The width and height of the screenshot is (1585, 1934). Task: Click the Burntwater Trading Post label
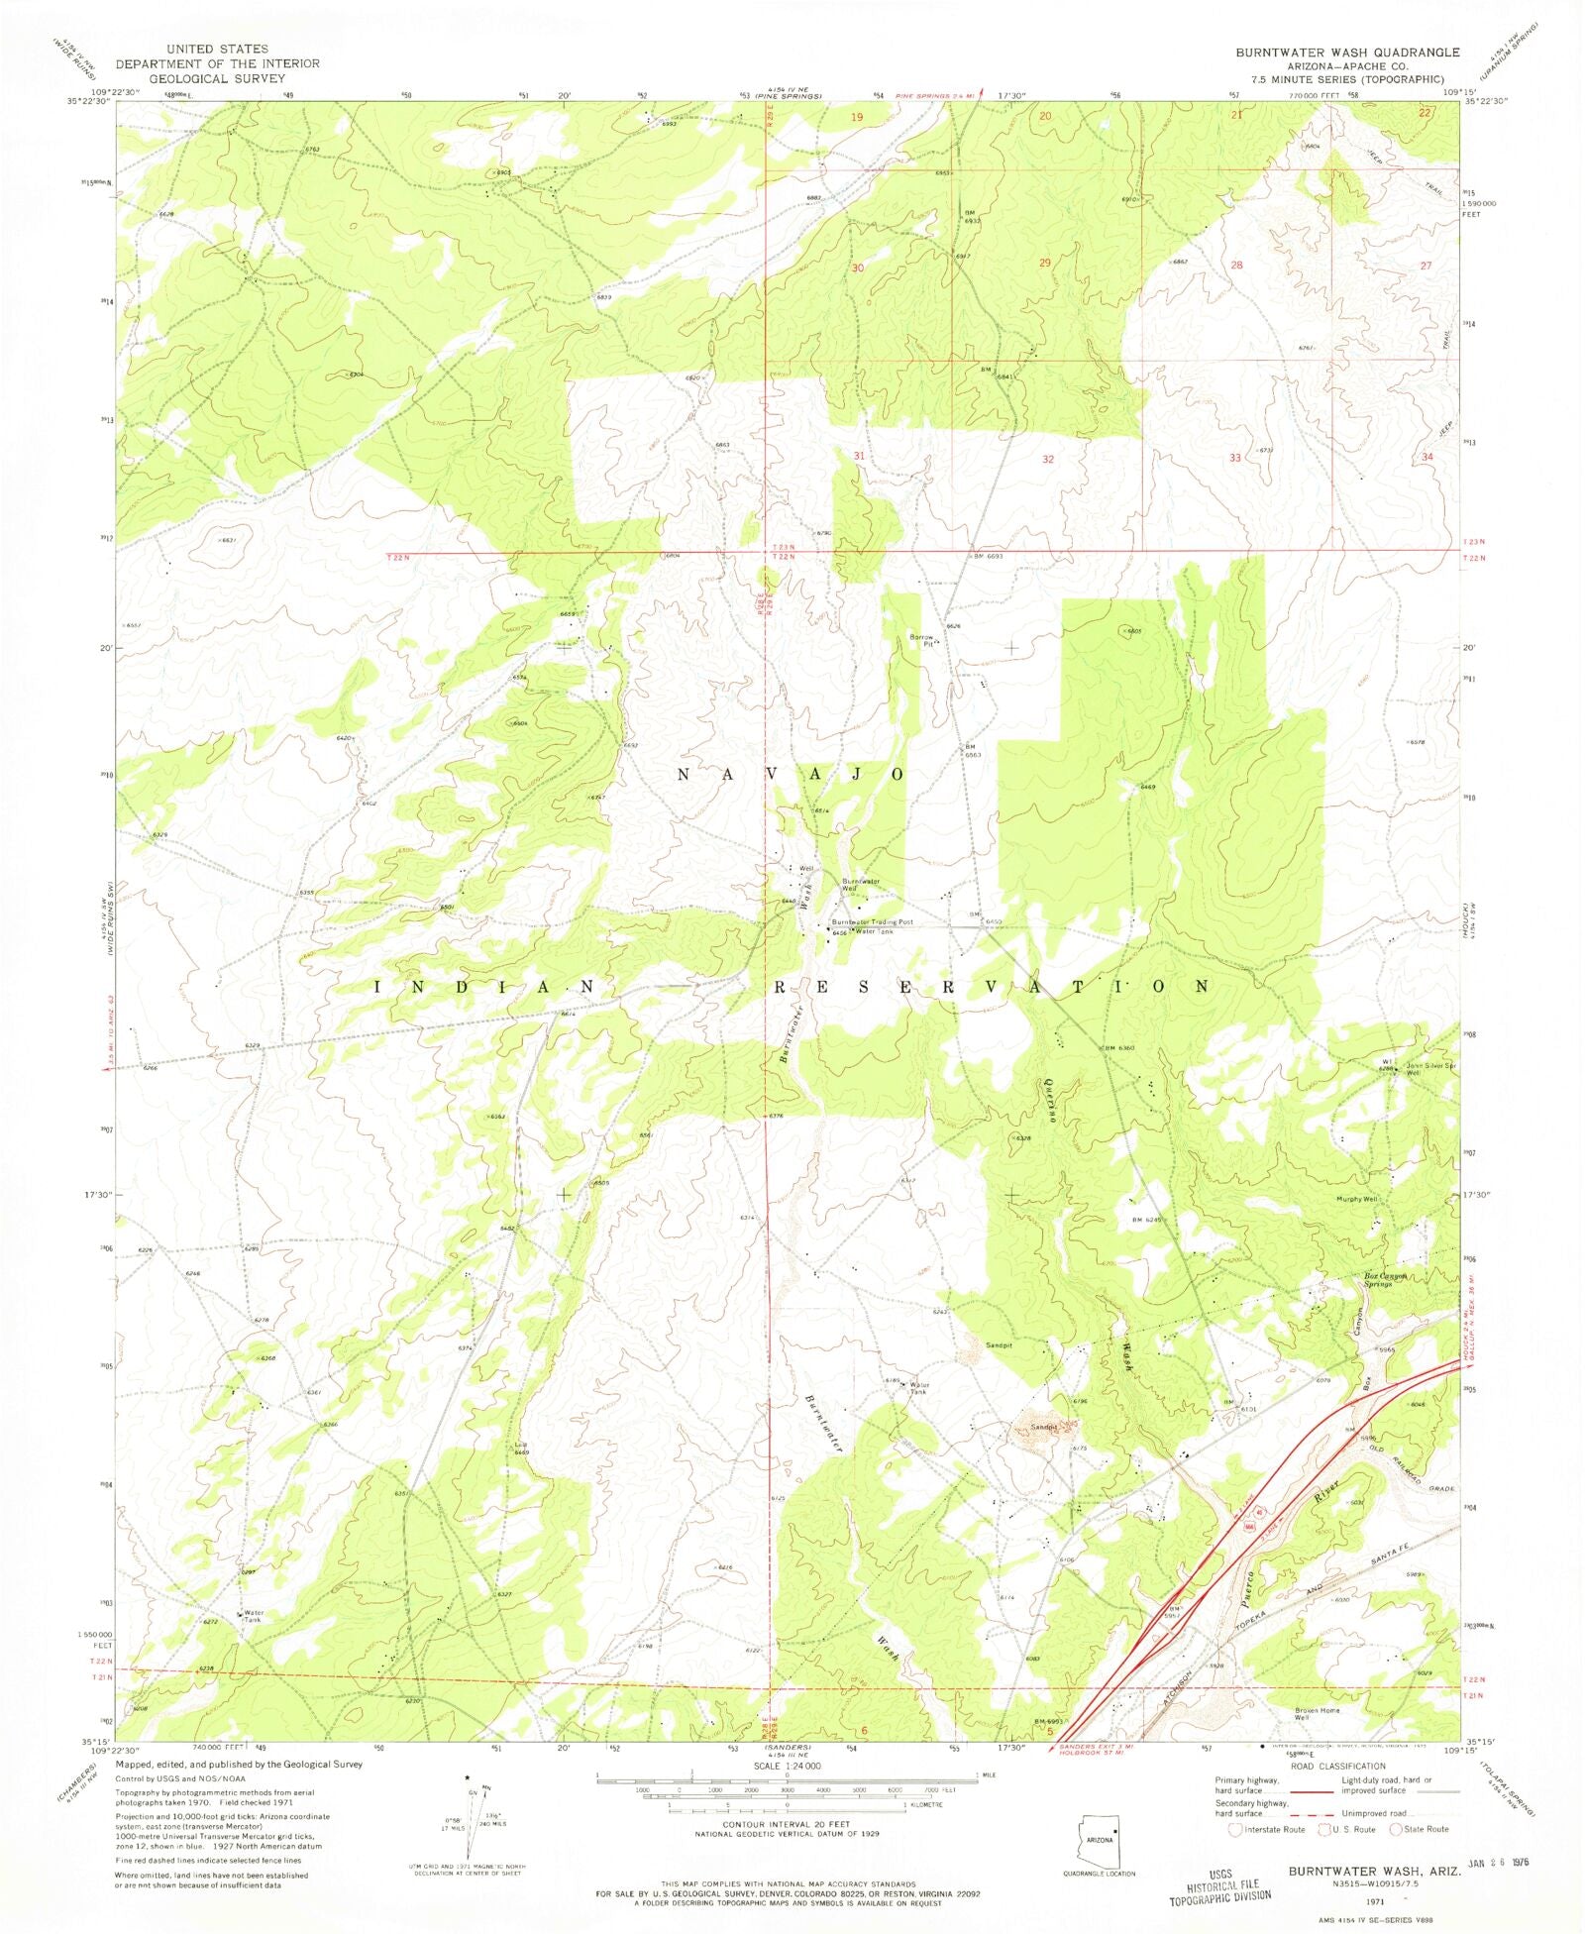(872, 921)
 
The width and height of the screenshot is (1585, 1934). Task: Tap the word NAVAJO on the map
(791, 774)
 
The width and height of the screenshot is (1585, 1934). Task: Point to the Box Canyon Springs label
(1385, 1279)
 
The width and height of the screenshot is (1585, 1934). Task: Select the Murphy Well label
(1356, 1199)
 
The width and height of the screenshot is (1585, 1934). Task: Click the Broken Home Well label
(1317, 1713)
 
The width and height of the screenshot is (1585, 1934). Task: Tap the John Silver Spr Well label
(1430, 1069)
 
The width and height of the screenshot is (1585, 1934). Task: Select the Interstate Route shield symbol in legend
(1234, 1829)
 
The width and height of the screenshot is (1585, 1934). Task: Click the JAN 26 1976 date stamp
(1497, 1863)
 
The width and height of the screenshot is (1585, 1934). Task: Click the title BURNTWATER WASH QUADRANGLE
(1346, 52)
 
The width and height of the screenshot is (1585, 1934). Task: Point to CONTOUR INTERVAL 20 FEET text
(787, 1824)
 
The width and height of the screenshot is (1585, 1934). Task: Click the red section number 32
(1047, 460)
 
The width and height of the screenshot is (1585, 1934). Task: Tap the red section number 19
(857, 117)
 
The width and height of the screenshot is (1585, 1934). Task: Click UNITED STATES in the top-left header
(217, 49)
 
